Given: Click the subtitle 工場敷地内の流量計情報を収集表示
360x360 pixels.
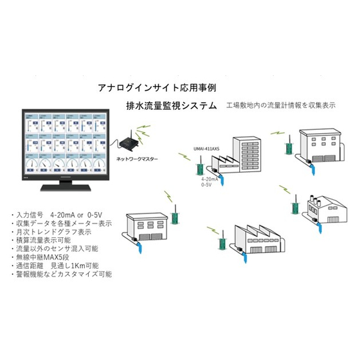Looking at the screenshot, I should (281, 105).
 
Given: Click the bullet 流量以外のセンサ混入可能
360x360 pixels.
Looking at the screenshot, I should (58, 248).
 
